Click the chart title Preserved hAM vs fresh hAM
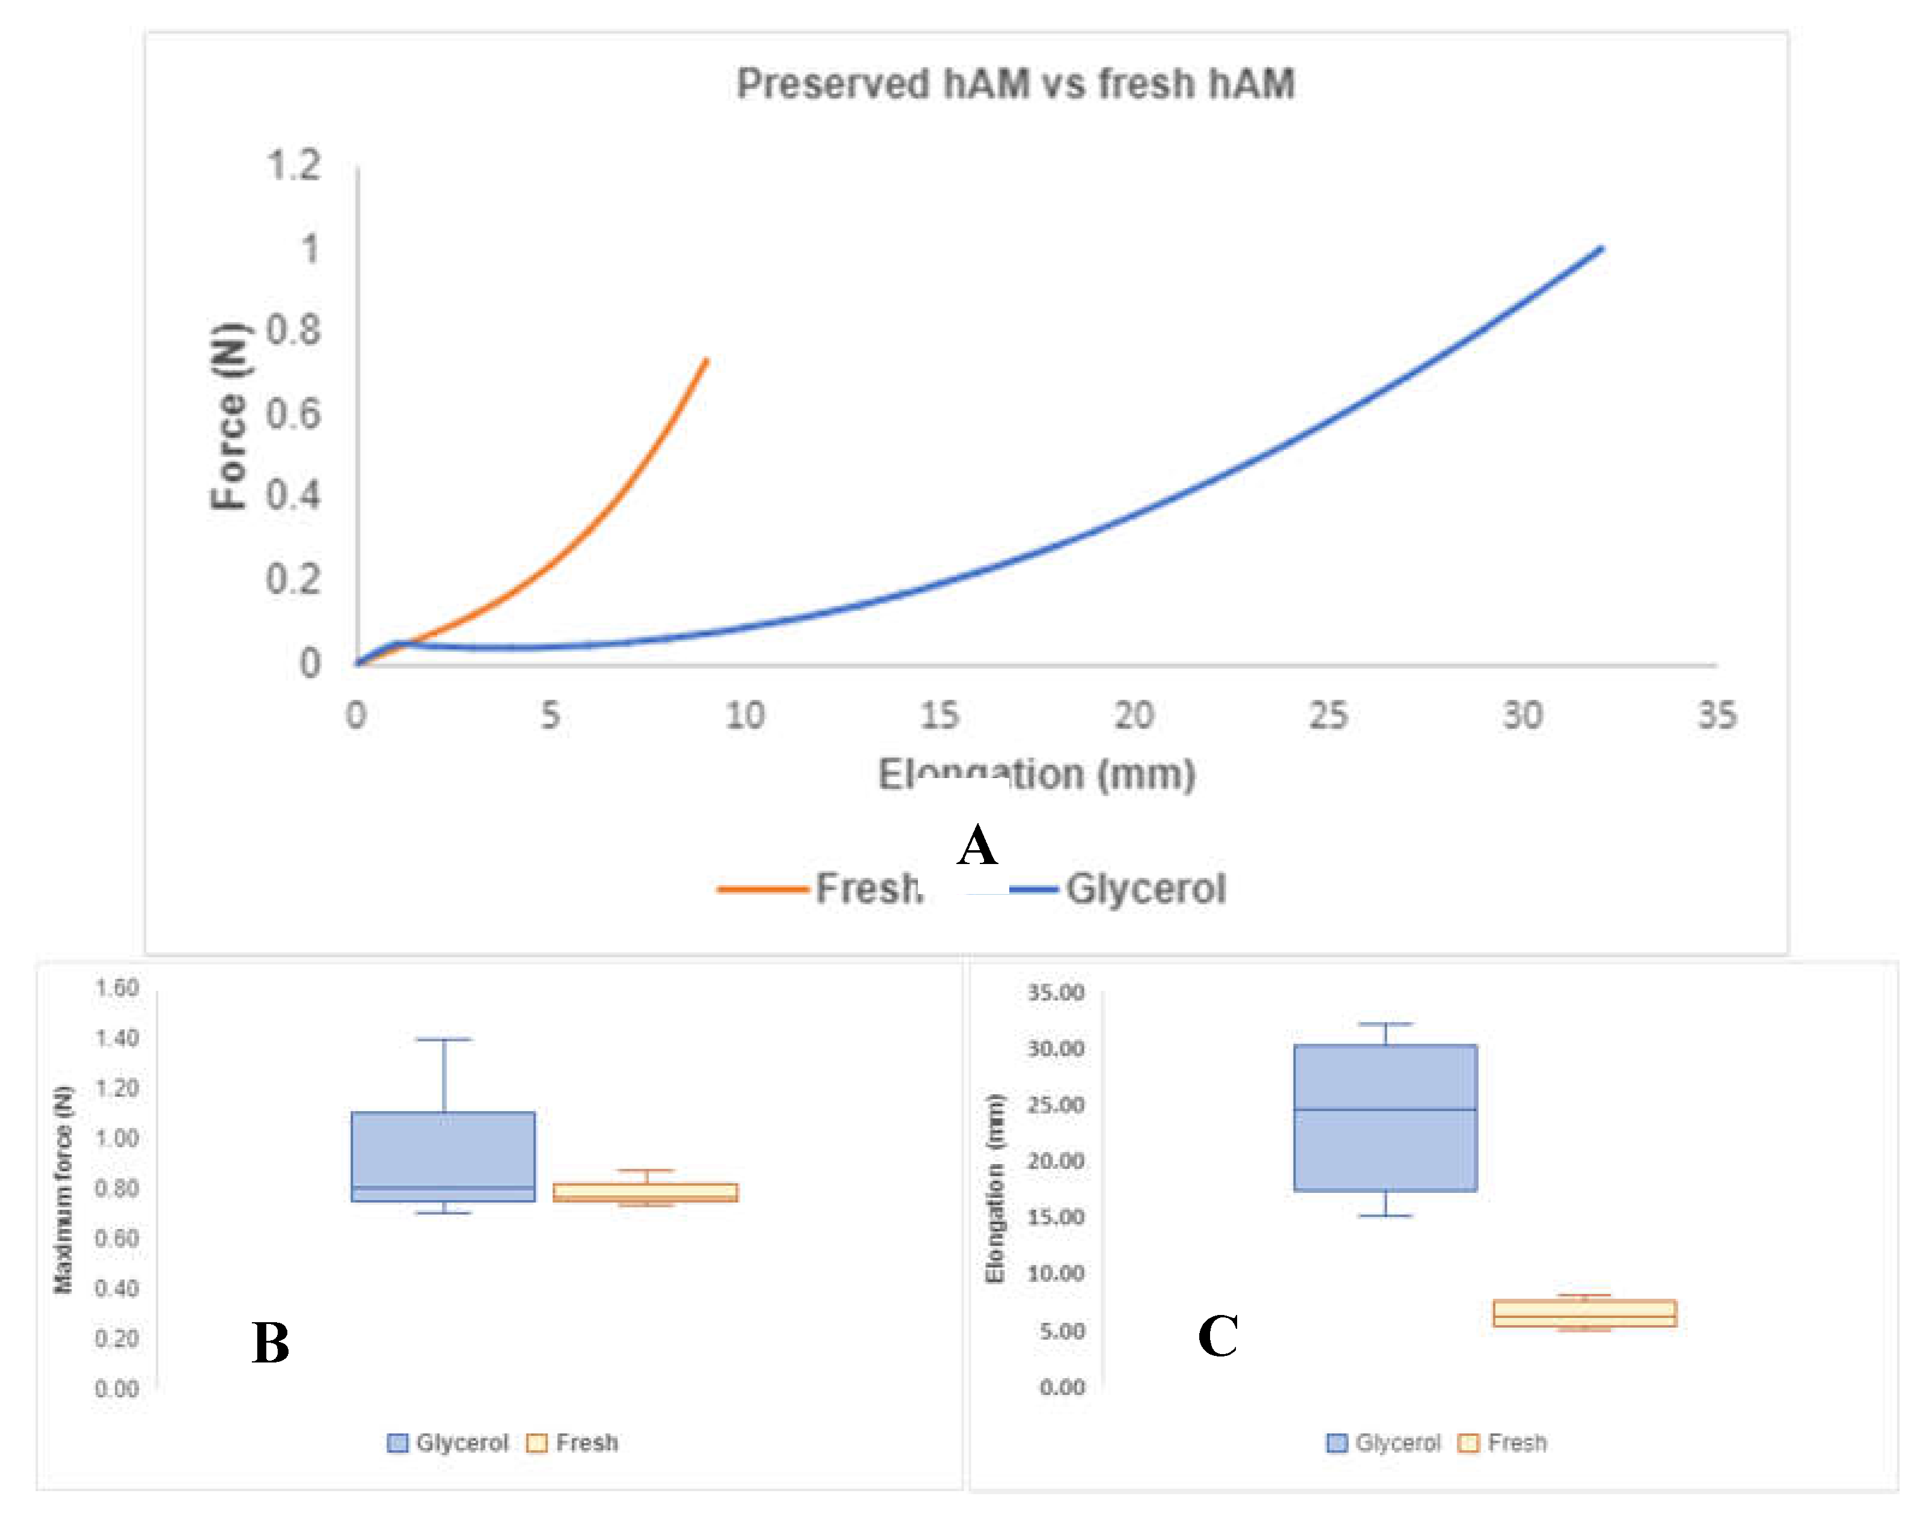click(1015, 84)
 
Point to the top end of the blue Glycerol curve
click(1600, 249)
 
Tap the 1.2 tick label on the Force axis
click(293, 166)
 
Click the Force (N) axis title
click(228, 415)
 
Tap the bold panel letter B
click(271, 1342)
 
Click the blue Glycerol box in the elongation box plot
click(1384, 1117)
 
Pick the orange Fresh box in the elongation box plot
click(1585, 1312)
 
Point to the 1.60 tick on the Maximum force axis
click(117, 987)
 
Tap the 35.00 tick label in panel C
click(1056, 992)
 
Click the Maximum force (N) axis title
click(63, 1189)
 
